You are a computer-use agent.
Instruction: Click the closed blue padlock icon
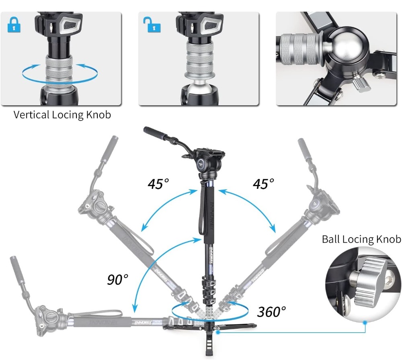tap(14, 25)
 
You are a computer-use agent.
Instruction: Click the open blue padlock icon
tap(152, 25)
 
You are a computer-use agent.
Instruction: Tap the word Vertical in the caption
tap(31, 115)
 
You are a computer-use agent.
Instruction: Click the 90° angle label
tap(118, 279)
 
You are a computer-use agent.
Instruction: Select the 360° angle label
tap(271, 311)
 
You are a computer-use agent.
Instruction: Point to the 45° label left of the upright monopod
tap(158, 184)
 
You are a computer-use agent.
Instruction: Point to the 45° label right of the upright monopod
tap(263, 184)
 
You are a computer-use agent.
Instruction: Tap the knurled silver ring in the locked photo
tap(59, 72)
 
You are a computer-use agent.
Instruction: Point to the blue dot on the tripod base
tap(217, 333)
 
